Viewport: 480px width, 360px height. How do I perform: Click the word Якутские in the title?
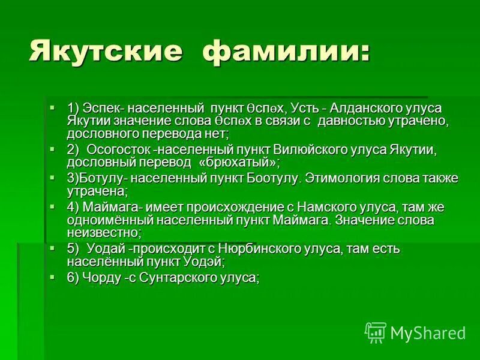point(104,51)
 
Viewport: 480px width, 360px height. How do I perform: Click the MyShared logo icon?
point(375,332)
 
